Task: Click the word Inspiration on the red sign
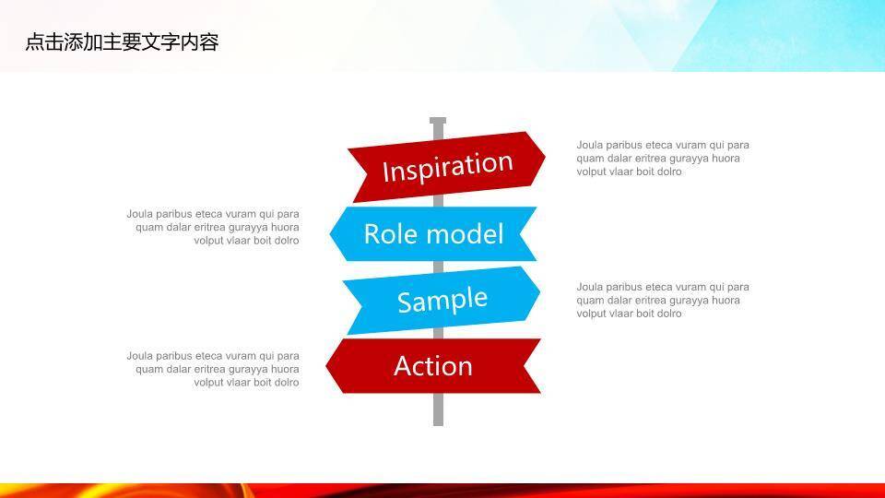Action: (x=448, y=166)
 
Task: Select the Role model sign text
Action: (x=433, y=233)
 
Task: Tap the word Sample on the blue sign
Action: (x=442, y=301)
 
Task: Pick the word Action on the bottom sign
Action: (x=433, y=366)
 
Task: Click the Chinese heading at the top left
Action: (x=122, y=41)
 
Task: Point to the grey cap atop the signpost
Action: (x=438, y=120)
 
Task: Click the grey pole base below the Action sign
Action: (x=438, y=409)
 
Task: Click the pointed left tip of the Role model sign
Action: (x=330, y=233)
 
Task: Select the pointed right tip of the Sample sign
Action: (x=540, y=293)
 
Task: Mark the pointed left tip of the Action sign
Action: (x=326, y=366)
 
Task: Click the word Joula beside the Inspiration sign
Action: (x=590, y=145)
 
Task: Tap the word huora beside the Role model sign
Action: (x=285, y=227)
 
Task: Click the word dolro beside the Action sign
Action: (x=287, y=382)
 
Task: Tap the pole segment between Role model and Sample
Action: (x=438, y=267)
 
